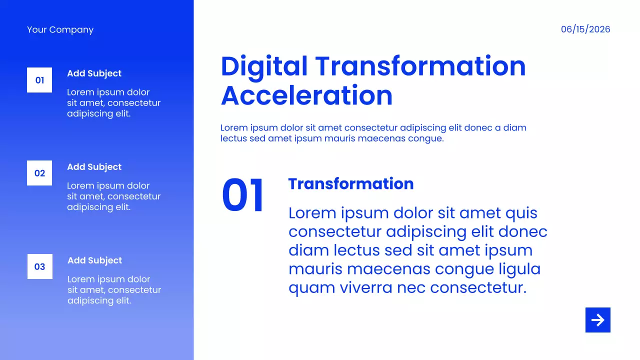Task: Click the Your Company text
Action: [x=60, y=29]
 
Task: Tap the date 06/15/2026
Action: [x=585, y=29]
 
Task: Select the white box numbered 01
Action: [x=39, y=80]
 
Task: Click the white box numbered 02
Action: [x=39, y=173]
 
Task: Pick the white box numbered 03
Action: [x=40, y=266]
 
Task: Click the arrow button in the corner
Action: [x=597, y=319]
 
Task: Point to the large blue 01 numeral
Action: [x=242, y=195]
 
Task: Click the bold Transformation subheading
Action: [x=351, y=183]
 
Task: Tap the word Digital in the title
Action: [x=264, y=66]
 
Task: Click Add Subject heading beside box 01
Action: [x=94, y=73]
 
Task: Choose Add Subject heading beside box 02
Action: [x=94, y=167]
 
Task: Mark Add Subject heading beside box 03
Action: [x=95, y=260]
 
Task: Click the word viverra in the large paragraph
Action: [x=366, y=287]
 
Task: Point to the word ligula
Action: [x=519, y=269]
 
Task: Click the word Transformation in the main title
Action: [x=420, y=66]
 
